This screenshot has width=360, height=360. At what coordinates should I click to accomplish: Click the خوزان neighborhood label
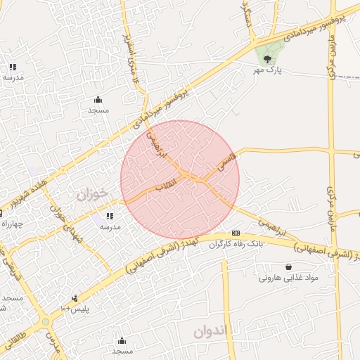coord(93,192)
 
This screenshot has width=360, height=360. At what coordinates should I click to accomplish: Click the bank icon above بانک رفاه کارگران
coord(236,233)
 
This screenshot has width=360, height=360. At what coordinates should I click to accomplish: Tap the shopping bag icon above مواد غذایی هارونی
coord(289,266)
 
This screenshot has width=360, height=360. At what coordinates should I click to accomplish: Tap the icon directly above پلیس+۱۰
coord(75,298)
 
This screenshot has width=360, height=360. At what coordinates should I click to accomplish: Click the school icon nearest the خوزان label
coord(109,216)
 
